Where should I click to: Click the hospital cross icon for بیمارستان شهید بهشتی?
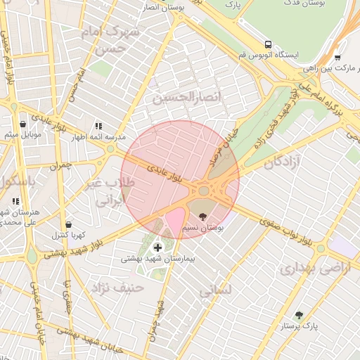coord(157,247)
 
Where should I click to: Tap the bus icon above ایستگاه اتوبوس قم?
coord(267,44)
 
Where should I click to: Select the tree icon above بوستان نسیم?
coord(203,217)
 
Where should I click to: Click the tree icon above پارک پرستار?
coord(300,315)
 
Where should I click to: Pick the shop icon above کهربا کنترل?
coord(68,224)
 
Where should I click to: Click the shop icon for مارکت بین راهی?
coord(337,58)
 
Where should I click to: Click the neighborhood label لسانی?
coord(215,289)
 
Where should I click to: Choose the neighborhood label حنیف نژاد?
coord(117,287)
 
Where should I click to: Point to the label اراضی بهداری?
coord(306,269)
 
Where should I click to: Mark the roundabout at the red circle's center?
coord(205,191)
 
